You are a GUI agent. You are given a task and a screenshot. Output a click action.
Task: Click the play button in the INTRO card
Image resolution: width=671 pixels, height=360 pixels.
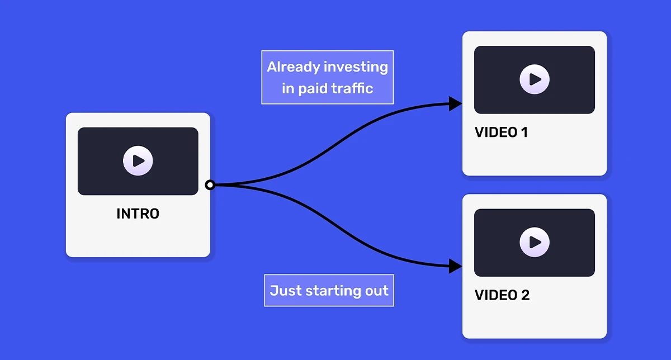pos(138,161)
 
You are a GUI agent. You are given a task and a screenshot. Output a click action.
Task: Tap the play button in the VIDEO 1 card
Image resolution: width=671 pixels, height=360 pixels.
pos(535,79)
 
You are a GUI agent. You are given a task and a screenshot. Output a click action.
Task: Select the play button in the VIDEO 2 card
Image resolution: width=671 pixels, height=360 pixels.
pos(535,242)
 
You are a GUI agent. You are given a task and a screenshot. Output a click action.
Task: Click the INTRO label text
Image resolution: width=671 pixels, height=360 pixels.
pos(138,214)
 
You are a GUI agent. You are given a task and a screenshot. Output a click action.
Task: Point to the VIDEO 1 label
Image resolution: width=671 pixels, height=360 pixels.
pos(501,132)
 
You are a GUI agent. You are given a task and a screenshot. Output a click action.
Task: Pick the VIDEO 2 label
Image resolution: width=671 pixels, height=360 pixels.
pos(502,295)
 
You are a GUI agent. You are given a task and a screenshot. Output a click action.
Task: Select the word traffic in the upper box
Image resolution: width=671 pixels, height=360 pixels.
pos(352,88)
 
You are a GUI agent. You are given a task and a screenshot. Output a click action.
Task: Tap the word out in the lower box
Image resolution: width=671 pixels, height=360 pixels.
pos(378,291)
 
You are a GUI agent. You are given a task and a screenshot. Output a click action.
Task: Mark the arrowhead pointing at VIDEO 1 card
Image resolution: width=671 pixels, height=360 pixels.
pos(456,103)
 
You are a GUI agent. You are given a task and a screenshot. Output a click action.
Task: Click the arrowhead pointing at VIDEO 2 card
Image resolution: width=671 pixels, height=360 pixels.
pos(456,266)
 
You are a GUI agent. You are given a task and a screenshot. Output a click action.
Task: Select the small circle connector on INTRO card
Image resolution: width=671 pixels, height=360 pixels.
pos(210,185)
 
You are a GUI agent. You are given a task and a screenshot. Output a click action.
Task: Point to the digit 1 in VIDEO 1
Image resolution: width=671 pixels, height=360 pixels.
pos(523,132)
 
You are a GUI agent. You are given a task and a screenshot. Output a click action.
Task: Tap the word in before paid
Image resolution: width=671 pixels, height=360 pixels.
pos(288,88)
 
